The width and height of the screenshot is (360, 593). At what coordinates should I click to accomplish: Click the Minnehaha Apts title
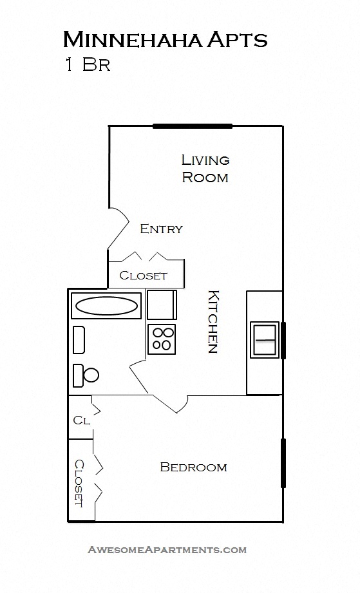165,40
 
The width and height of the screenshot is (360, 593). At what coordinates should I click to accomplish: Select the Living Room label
205,168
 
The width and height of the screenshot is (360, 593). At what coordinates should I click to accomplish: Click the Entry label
161,229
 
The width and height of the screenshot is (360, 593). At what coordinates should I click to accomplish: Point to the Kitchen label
213,322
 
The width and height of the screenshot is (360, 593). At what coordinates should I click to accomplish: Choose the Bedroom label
193,467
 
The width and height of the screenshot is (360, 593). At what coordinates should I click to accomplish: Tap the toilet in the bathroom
85,375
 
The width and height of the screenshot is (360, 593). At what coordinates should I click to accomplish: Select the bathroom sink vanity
79,339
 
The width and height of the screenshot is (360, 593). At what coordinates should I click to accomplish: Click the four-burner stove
162,339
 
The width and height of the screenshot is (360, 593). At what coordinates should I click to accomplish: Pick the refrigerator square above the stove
161,305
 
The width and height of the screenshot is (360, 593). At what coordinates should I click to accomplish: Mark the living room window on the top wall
192,126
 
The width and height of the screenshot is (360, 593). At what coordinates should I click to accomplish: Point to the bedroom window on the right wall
283,463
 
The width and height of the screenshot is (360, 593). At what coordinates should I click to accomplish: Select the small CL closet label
81,420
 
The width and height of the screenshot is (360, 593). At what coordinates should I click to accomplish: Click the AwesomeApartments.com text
167,550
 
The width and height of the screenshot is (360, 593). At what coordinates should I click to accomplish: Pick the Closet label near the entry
143,276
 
